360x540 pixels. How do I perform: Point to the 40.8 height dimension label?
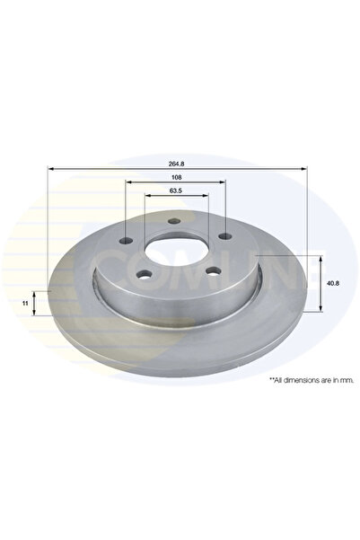[333, 284]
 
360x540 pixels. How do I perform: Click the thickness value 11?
[26, 305]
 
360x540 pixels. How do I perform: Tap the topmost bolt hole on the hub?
[171, 221]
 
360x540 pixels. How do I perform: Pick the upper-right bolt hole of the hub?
[219, 236]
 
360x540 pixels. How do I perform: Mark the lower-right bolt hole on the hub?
[209, 271]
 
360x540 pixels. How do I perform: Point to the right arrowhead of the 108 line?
[223, 184]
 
